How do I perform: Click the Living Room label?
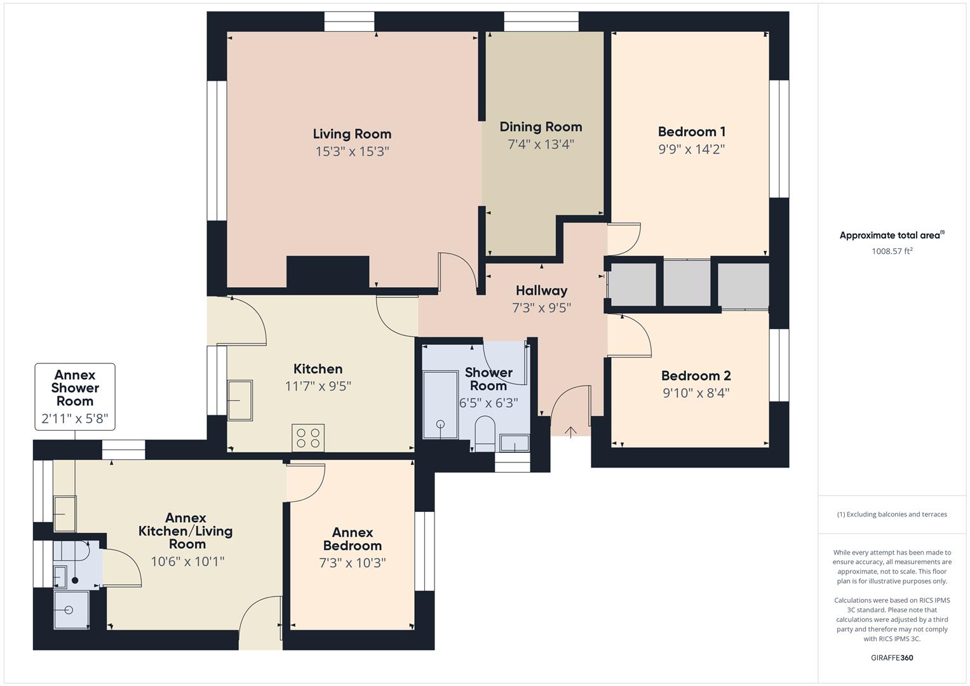coord(352,134)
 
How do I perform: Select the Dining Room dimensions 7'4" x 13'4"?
coord(541,145)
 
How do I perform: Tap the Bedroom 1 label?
coord(691,132)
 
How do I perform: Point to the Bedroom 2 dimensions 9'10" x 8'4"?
coord(696,393)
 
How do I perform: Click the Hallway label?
coord(541,291)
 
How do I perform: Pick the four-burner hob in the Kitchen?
coord(308,438)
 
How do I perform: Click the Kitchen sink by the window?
coord(239,400)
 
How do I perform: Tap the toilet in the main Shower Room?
coord(485,432)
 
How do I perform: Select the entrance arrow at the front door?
coord(570,433)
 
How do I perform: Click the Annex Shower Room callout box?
coord(75,397)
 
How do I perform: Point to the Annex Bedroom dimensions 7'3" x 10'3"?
coord(352,563)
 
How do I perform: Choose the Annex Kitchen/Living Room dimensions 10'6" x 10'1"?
coord(187,562)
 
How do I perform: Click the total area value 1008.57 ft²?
coord(892,251)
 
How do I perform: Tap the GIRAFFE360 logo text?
coord(892,657)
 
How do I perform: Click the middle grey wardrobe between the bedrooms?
coord(687,283)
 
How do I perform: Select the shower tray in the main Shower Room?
coord(440,405)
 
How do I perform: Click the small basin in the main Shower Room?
coord(514,443)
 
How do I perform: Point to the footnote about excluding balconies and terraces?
coord(892,514)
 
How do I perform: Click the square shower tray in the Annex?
coord(71,610)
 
